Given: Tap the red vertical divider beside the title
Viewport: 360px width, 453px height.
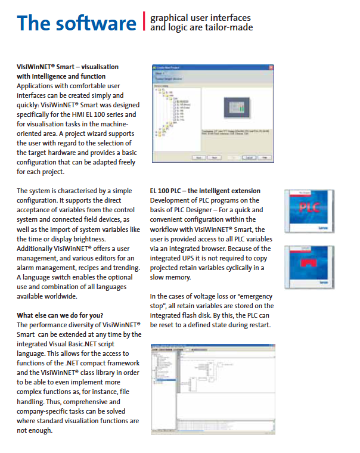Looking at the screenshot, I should click(144, 21).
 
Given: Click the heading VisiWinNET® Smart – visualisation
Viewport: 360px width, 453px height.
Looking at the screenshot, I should click(67, 67).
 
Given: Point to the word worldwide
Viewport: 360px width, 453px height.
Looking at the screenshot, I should click(59, 296).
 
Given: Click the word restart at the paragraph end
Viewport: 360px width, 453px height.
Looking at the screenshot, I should click(256, 325).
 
